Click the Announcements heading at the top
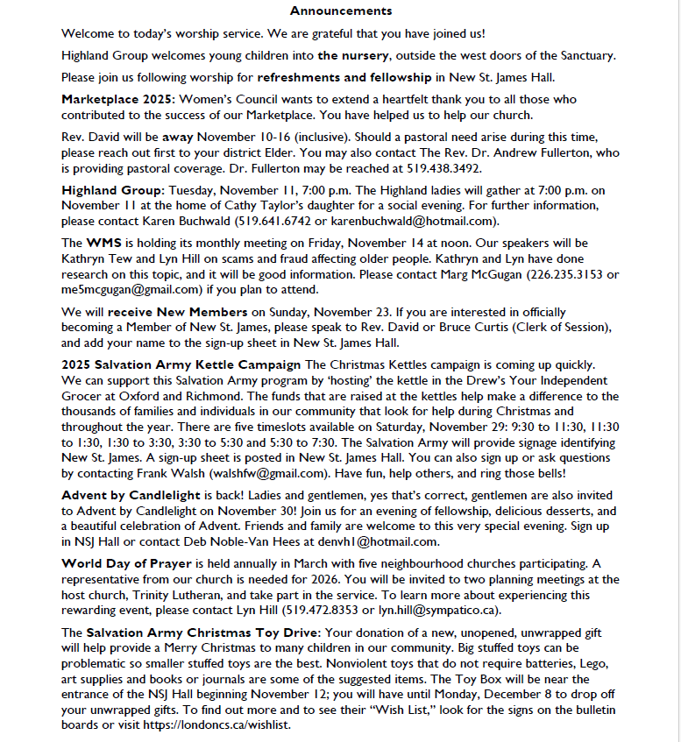point(340,11)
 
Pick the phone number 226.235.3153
point(574,274)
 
